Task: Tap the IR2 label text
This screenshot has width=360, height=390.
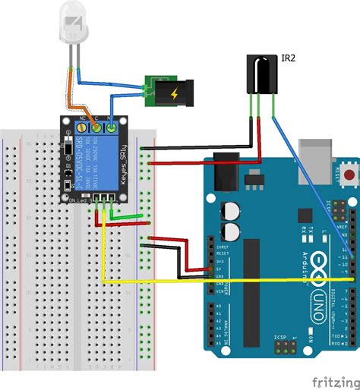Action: tap(289, 56)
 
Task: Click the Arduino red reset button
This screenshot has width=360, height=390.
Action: tap(350, 174)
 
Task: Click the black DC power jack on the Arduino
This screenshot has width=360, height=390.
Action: tap(226, 175)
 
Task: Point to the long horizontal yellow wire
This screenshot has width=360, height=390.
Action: tap(228, 281)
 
